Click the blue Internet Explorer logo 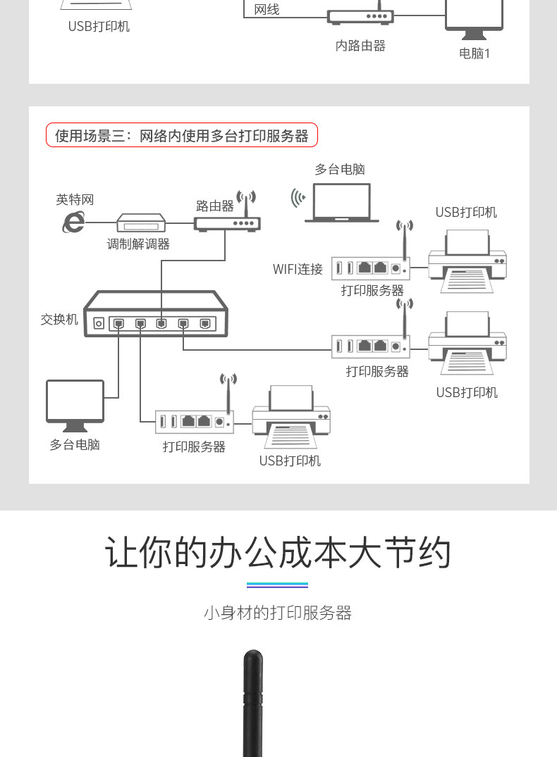click(x=73, y=222)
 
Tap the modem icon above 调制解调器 click(x=141, y=223)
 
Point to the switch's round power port click(x=99, y=323)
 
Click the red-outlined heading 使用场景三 click(x=182, y=135)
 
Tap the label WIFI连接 click(x=298, y=269)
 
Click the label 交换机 click(x=59, y=319)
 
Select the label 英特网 click(x=75, y=200)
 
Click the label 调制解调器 click(x=138, y=244)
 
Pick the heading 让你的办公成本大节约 click(x=278, y=552)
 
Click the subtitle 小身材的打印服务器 click(x=278, y=613)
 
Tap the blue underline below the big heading click(x=278, y=584)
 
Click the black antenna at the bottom click(x=253, y=704)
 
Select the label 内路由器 click(x=360, y=46)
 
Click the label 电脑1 click(x=475, y=53)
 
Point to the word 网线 click(x=267, y=9)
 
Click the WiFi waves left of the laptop click(x=298, y=198)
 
